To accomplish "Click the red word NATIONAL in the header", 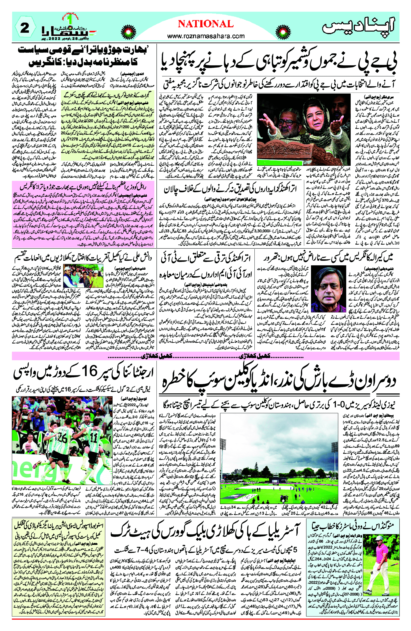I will point(206,24).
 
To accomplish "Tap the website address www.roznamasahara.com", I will point(206,36).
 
